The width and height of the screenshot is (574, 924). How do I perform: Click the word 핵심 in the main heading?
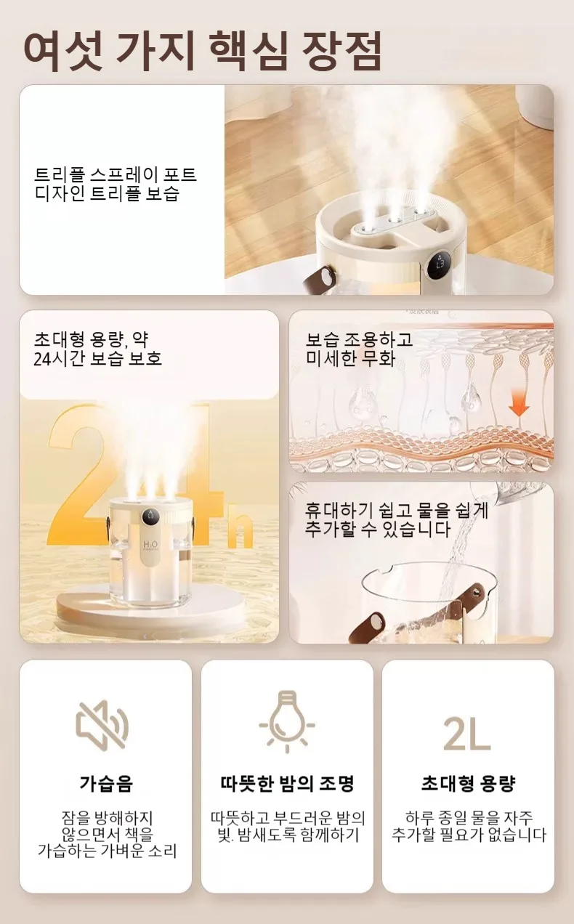[248, 50]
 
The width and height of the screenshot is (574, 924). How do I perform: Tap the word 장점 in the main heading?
[341, 50]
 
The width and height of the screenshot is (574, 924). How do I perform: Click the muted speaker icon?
[102, 725]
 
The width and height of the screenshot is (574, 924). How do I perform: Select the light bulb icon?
[287, 722]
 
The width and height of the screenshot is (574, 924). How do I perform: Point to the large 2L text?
[466, 734]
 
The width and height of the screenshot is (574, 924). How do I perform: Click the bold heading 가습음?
[106, 783]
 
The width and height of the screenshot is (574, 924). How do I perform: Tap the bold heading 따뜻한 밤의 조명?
[287, 783]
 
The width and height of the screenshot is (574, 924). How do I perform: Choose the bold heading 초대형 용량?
[468, 783]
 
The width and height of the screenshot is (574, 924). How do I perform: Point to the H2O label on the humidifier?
[150, 545]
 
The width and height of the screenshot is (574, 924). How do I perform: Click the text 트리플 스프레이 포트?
[115, 175]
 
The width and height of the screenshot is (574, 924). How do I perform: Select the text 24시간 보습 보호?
[97, 359]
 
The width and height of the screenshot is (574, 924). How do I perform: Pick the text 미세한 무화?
[350, 358]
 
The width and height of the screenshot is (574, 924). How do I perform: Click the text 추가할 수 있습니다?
[378, 530]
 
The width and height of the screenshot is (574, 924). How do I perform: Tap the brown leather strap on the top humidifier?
[320, 277]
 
